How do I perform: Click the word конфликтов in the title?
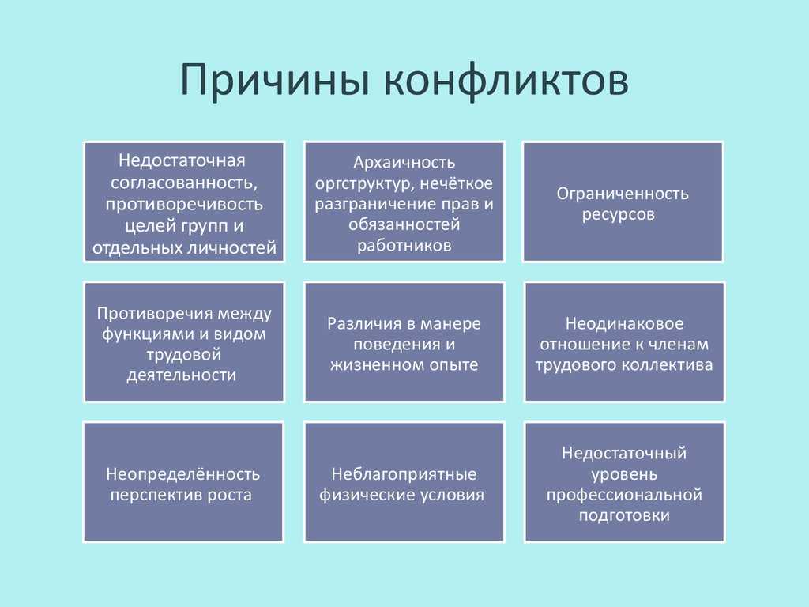506,80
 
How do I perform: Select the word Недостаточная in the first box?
182,160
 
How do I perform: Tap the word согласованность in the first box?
183,183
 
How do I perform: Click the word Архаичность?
404,162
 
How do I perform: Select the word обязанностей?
404,224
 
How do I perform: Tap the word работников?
404,245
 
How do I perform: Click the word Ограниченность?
623,194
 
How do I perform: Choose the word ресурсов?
618,214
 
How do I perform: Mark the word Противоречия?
152,313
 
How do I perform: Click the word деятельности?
182,375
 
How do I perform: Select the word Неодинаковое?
624,323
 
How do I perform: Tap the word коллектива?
667,365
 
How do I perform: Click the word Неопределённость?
183,474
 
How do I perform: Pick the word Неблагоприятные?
404,474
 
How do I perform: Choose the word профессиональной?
624,495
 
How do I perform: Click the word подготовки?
624,515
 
